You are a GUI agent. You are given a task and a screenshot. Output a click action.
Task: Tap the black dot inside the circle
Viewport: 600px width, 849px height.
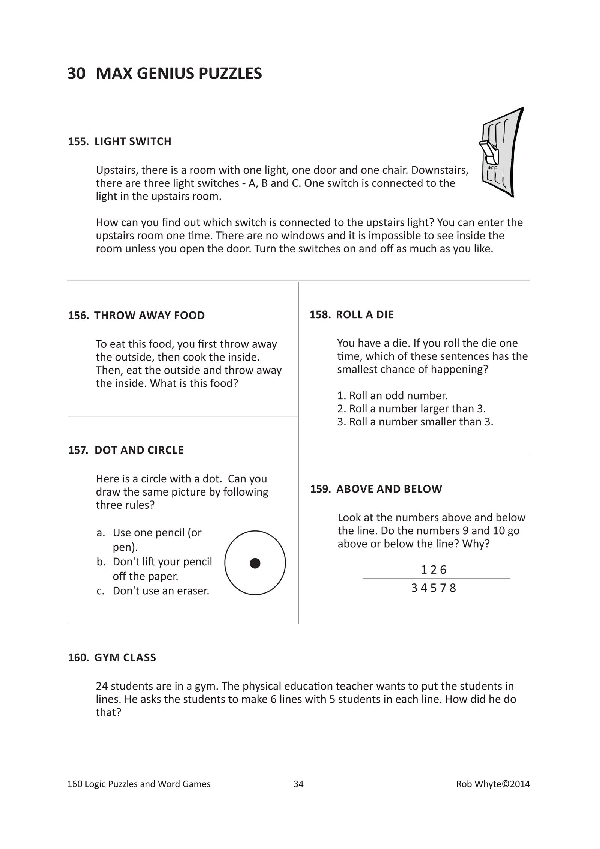pyautogui.click(x=255, y=563)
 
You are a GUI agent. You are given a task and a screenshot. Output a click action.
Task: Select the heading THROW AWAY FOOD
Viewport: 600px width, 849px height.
pyautogui.click(x=150, y=315)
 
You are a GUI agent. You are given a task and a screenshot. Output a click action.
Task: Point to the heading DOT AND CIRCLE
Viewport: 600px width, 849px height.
pyautogui.click(x=139, y=450)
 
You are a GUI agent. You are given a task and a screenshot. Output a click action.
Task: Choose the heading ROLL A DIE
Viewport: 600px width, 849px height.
pyautogui.click(x=364, y=314)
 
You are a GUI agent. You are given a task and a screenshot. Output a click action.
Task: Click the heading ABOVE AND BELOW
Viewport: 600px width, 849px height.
pyautogui.click(x=389, y=489)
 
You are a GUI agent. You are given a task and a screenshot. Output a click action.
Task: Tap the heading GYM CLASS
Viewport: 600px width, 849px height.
pyautogui.click(x=125, y=657)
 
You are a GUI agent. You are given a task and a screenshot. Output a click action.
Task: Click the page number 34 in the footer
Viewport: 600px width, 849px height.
pyautogui.click(x=298, y=784)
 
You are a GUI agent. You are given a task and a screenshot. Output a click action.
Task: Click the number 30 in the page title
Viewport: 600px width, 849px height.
pyautogui.click(x=76, y=74)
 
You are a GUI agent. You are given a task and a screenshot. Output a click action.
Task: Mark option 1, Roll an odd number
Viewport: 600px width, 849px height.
pyautogui.click(x=392, y=395)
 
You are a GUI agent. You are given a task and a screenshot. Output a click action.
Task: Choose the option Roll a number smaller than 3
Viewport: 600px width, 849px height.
pyautogui.click(x=415, y=422)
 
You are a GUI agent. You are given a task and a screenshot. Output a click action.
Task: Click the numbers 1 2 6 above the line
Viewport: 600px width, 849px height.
pyautogui.click(x=433, y=570)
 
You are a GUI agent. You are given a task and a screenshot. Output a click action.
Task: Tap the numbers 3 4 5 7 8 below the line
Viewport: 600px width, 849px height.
pyautogui.click(x=433, y=588)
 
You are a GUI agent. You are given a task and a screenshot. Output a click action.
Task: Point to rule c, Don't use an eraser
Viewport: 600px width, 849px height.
pyautogui.click(x=160, y=591)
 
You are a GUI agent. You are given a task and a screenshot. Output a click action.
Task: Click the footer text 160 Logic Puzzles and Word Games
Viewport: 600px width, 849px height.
pyautogui.click(x=139, y=784)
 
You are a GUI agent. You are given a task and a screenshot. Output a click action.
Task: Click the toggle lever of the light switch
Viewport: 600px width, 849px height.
pyautogui.click(x=486, y=149)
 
